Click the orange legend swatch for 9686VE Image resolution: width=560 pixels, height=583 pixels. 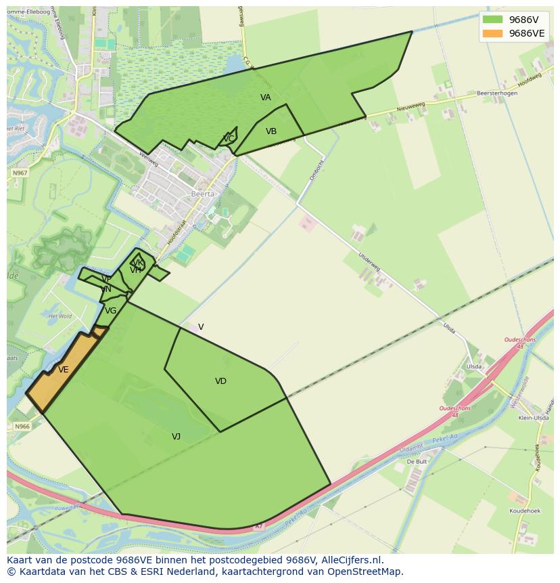pyautogui.click(x=493, y=33)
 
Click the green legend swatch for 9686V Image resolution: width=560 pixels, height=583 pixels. pyautogui.click(x=493, y=20)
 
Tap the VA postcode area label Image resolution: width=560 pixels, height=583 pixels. pyautogui.click(x=266, y=98)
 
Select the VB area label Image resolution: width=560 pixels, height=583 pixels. pyautogui.click(x=271, y=131)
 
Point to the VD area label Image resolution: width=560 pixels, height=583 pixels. pyautogui.click(x=220, y=381)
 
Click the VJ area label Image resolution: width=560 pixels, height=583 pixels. pyautogui.click(x=176, y=437)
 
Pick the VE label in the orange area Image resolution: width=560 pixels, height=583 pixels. pyautogui.click(x=63, y=370)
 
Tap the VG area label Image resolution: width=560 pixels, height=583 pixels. pyautogui.click(x=111, y=311)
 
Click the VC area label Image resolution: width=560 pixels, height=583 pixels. pyautogui.click(x=229, y=139)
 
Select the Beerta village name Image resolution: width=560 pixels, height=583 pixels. pyautogui.click(x=202, y=194)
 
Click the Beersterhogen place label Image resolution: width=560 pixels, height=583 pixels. pyautogui.click(x=496, y=93)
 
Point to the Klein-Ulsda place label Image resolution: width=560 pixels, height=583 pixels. pyautogui.click(x=532, y=418)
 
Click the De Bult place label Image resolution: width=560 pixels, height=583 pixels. pyautogui.click(x=417, y=462)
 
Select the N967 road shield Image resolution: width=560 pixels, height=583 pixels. pyautogui.click(x=20, y=173)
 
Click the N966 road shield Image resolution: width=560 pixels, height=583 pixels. pyautogui.click(x=22, y=427)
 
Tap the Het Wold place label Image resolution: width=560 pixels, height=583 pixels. pyautogui.click(x=60, y=316)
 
